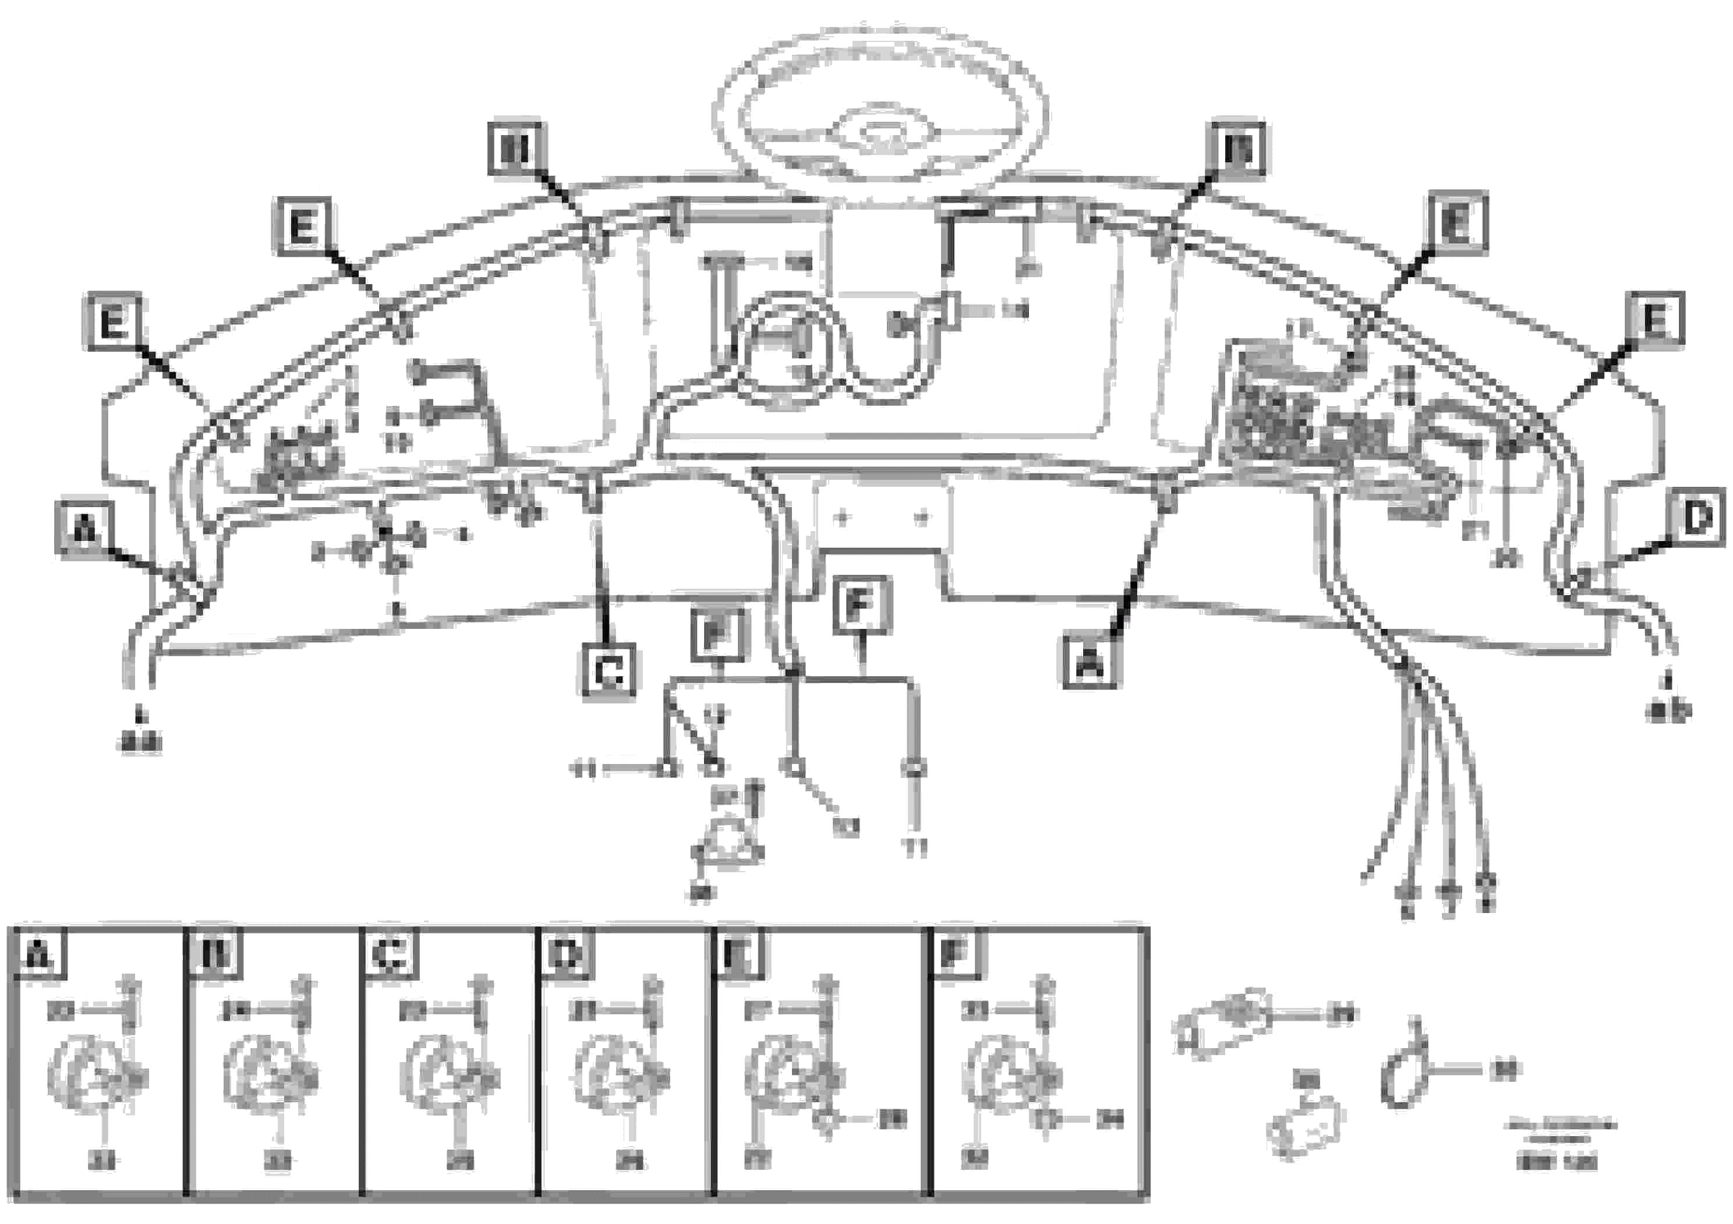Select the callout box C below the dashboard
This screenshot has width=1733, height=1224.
click(609, 671)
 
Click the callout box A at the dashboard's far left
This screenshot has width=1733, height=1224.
click(84, 529)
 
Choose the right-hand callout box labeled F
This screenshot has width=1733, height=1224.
click(862, 605)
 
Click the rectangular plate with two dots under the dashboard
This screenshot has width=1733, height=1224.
click(882, 517)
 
